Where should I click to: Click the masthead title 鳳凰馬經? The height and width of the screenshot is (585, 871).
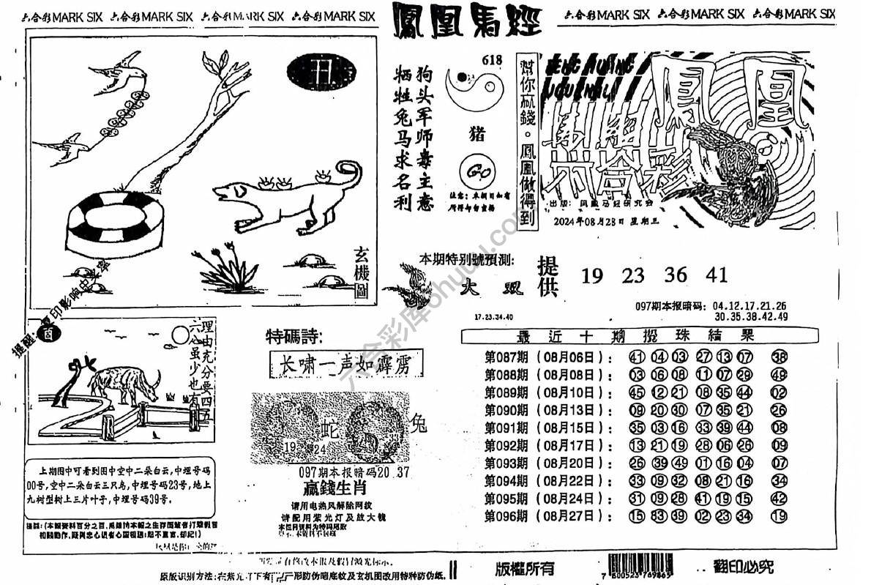coord(466,21)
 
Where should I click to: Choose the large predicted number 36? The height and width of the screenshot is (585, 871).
coord(676,275)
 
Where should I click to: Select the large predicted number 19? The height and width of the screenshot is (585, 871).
coord(592,275)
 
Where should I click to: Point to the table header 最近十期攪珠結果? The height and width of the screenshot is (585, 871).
coord(635,337)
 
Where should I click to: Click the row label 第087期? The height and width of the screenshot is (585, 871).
coord(506,357)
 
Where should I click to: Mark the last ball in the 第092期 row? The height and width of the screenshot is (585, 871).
coord(780,445)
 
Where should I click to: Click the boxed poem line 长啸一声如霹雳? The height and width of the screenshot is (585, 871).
coord(345,364)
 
